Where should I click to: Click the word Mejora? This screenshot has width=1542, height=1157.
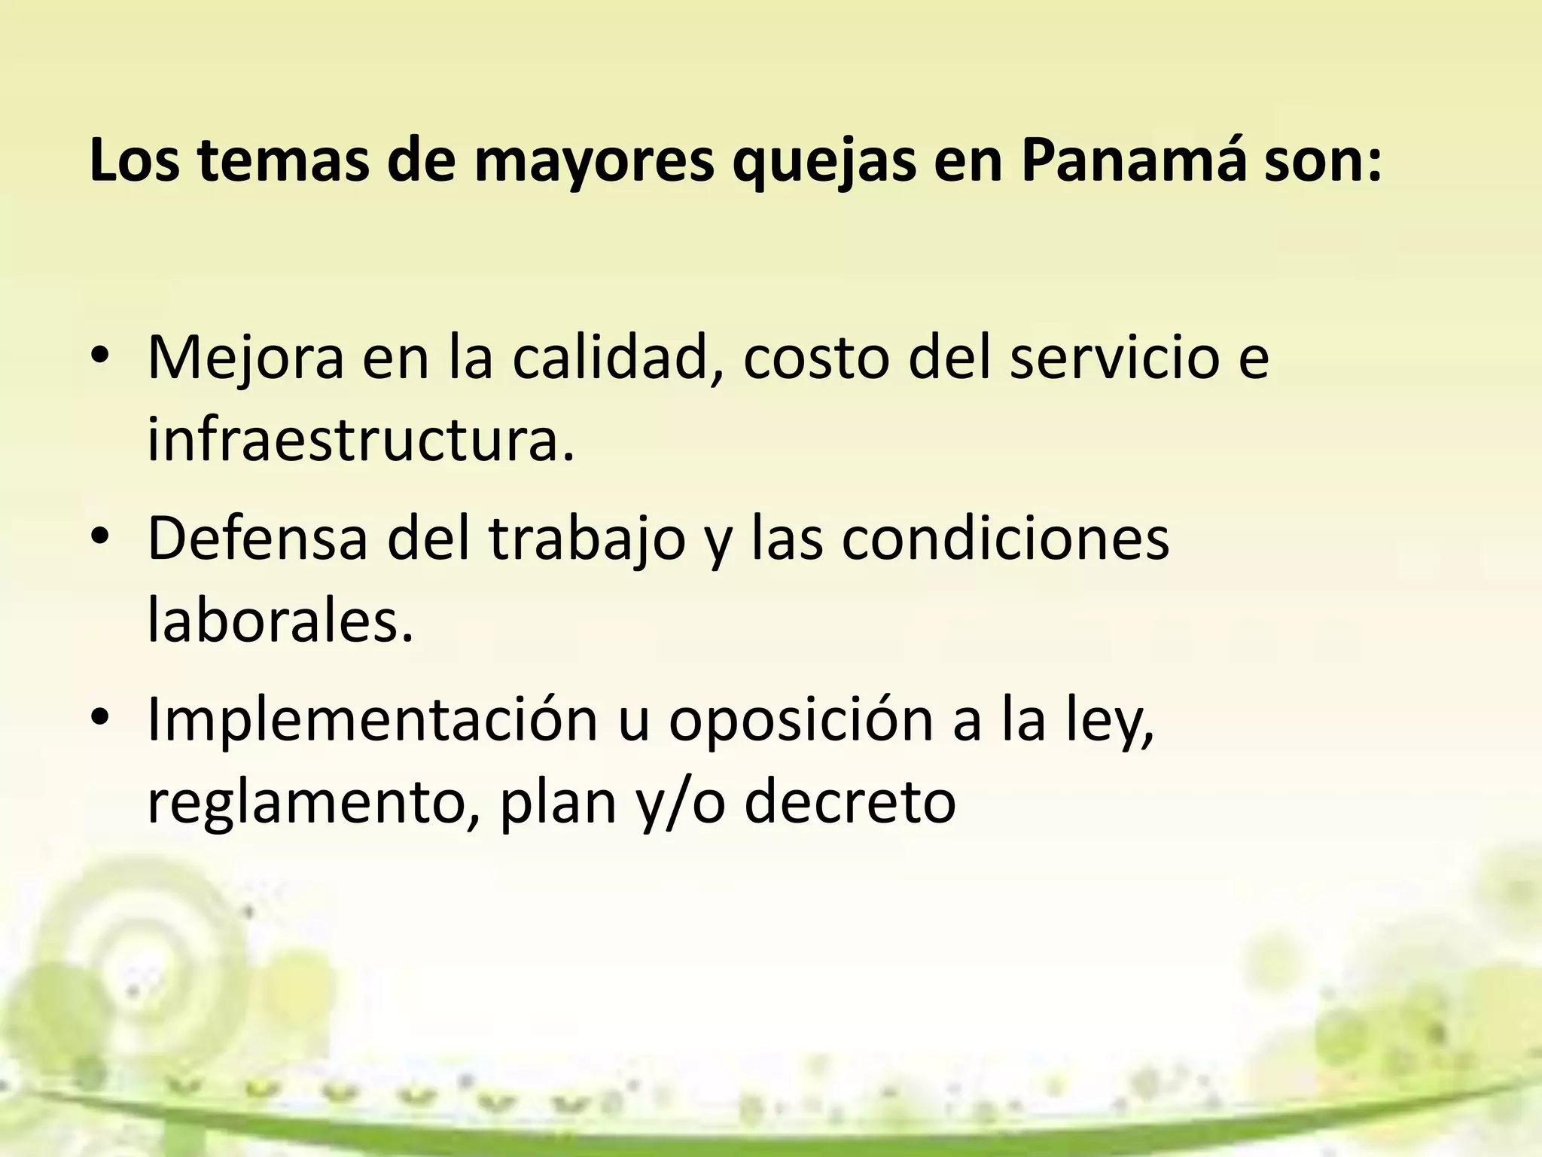pyautogui.click(x=245, y=357)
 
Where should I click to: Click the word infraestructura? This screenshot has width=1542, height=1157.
pyautogui.click(x=361, y=440)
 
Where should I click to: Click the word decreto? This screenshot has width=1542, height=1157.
pyautogui.click(x=850, y=802)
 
